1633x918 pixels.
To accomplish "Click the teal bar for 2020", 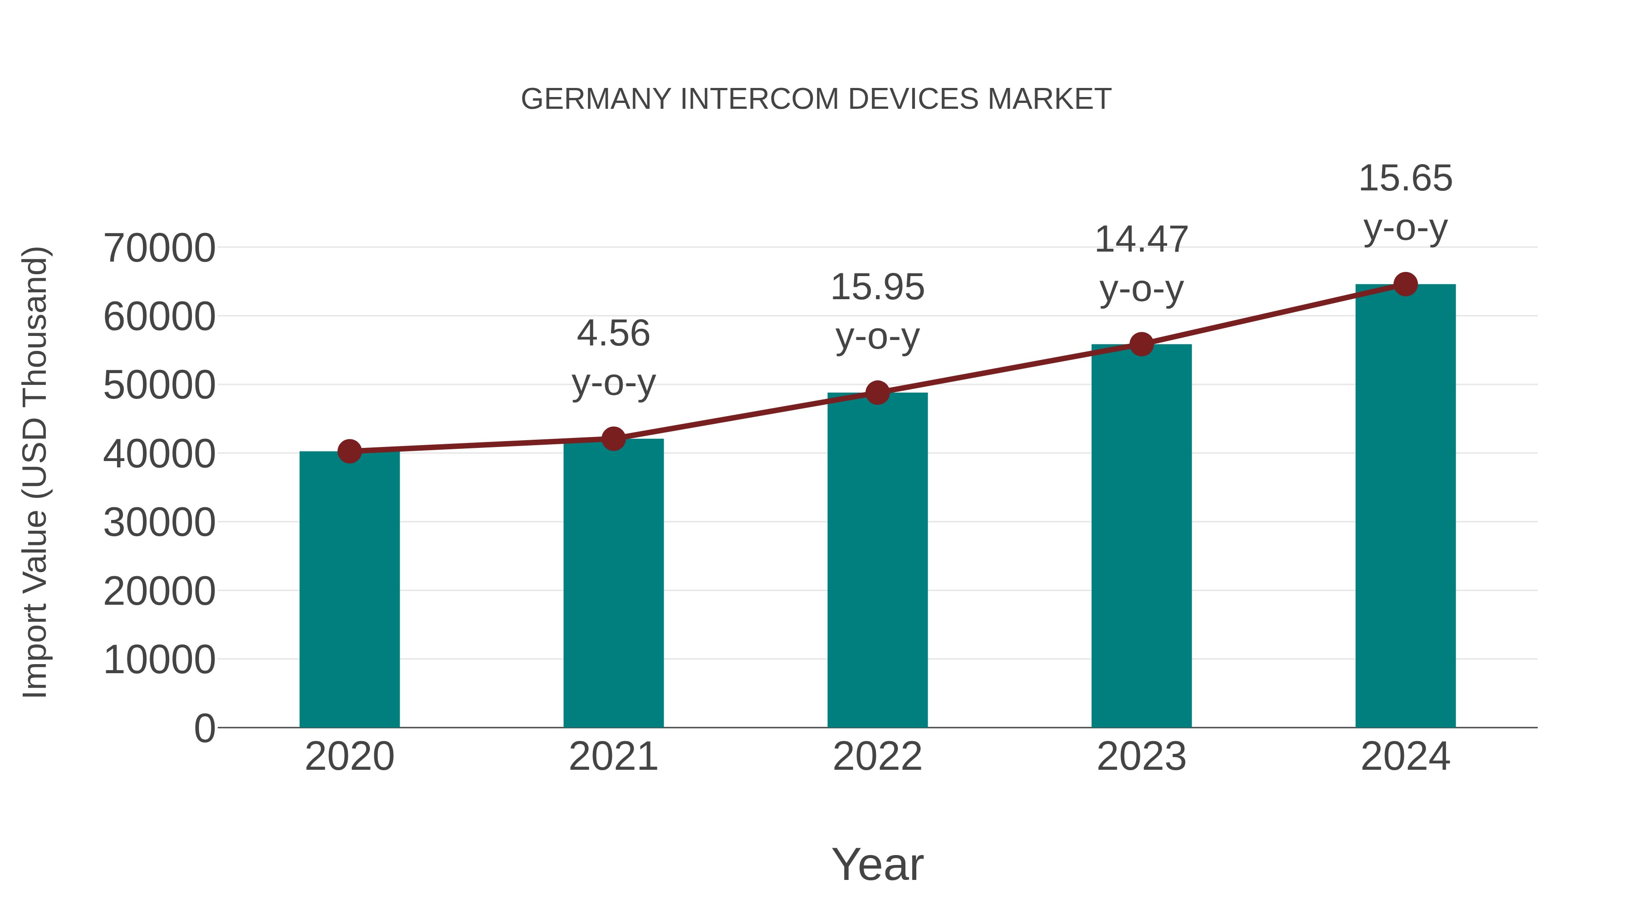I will click(x=349, y=589).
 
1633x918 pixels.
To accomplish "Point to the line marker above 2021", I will click(x=613, y=438).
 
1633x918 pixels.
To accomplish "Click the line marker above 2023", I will click(x=1141, y=344).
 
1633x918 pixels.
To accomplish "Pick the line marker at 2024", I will click(x=1405, y=284).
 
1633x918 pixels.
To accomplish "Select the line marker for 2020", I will click(x=349, y=451).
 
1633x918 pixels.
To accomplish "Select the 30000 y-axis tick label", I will click(x=159, y=523).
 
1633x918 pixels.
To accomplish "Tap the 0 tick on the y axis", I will click(x=204, y=729).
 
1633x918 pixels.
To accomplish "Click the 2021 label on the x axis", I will click(x=613, y=757).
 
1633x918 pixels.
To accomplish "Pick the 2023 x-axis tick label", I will click(x=1141, y=757).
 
